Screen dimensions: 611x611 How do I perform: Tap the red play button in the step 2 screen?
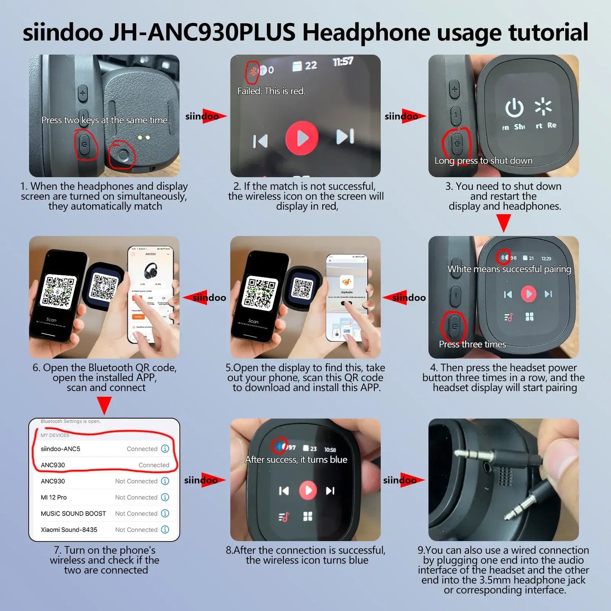point(302,137)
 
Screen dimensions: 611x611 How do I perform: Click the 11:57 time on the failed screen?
point(342,62)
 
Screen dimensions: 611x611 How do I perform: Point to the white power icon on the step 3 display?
point(514,108)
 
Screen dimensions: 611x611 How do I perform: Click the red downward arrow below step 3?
point(503,222)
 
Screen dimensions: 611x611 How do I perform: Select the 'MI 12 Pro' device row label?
point(54,497)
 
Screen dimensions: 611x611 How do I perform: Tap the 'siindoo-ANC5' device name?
point(60,449)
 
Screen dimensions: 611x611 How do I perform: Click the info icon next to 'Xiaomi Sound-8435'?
point(165,529)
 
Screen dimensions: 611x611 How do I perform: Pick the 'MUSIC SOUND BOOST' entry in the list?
point(73,513)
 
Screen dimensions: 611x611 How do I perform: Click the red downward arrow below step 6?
point(104,405)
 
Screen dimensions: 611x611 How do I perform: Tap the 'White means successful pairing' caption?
point(509,269)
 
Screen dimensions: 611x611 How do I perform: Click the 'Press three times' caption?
point(472,344)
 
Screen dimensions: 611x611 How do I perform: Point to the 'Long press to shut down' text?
point(483,161)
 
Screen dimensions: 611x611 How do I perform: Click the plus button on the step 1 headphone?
point(83,93)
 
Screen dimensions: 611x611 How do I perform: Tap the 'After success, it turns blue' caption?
point(296,460)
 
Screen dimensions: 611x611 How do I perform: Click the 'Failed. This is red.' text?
point(271,91)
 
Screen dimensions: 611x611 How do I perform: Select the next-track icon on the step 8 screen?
point(330,490)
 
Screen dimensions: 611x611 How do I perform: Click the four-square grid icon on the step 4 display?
point(529,317)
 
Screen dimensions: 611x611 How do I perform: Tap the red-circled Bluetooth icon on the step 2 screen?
point(253,71)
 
